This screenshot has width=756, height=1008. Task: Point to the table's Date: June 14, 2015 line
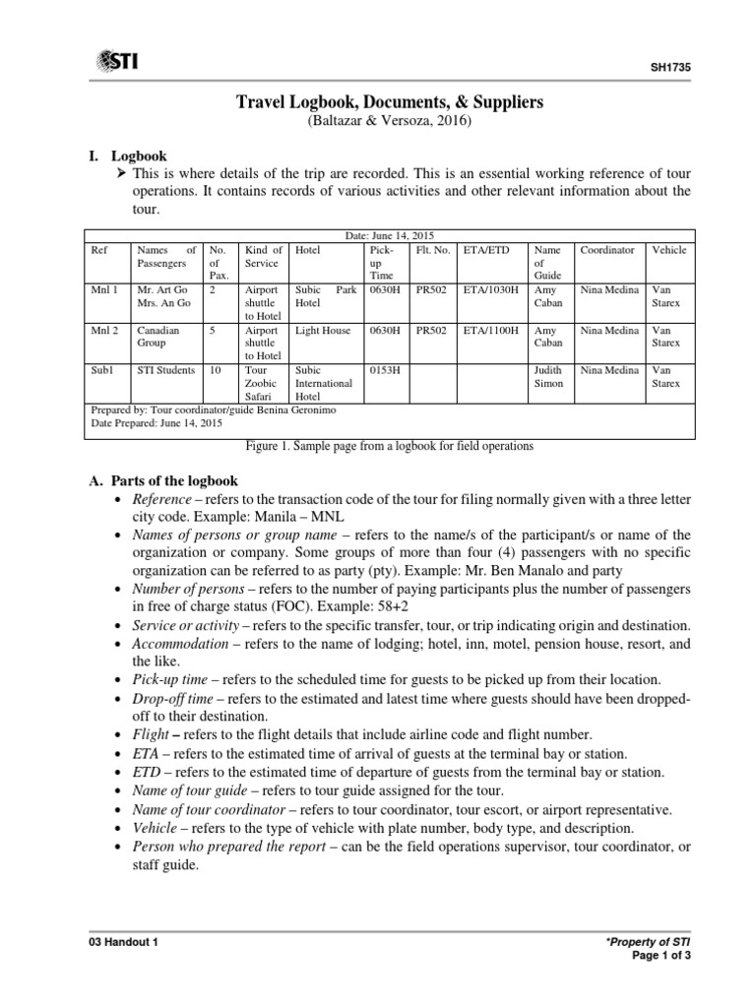[392, 236]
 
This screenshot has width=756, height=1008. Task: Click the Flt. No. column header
[433, 251]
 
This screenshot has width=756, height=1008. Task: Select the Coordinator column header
[608, 251]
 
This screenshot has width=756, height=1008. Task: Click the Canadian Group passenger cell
[158, 338]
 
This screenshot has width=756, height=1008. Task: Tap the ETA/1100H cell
[490, 332]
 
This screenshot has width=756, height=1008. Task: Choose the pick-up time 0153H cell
[385, 371]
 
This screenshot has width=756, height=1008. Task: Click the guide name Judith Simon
[549, 377]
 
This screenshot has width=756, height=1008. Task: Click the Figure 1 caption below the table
[392, 446]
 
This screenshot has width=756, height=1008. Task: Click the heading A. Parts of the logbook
[162, 480]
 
